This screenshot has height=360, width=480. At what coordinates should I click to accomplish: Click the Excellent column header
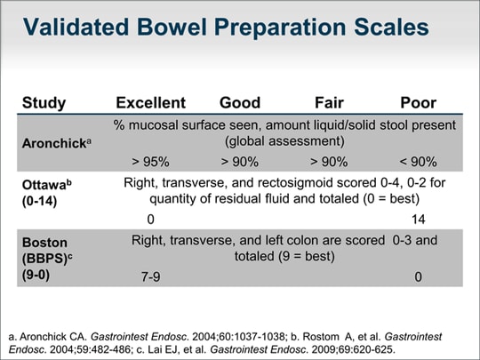(x=151, y=102)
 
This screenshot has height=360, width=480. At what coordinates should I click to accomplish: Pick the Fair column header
(x=331, y=102)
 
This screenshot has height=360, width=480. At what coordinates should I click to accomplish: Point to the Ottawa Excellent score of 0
(x=150, y=219)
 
